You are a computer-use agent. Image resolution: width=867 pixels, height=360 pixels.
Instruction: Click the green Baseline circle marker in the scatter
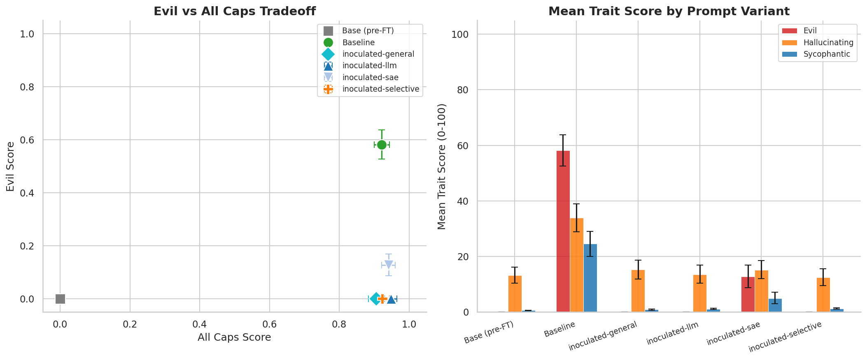[x=382, y=145]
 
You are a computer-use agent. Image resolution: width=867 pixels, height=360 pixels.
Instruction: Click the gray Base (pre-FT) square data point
[x=60, y=299]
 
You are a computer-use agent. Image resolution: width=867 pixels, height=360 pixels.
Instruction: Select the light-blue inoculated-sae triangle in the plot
[x=388, y=265]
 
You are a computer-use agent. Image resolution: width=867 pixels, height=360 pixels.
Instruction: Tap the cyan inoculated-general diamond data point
[x=375, y=299]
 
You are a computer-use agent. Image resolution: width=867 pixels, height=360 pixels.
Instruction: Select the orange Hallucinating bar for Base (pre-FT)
[x=515, y=294]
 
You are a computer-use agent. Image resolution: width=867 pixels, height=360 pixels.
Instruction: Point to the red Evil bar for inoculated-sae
[x=748, y=295]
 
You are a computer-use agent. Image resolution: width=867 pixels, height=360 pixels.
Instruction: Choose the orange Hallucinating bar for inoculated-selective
[x=823, y=295]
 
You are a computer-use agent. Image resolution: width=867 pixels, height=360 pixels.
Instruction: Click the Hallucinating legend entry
[x=828, y=42]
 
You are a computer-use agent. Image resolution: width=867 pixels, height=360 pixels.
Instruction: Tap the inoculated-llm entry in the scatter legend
[x=369, y=66]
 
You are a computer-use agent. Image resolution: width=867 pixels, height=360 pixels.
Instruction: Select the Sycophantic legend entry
[x=827, y=54]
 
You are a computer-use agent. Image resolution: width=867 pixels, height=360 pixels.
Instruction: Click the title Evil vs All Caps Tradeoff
[x=234, y=11]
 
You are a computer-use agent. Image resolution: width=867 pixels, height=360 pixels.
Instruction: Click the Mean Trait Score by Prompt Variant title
[x=669, y=11]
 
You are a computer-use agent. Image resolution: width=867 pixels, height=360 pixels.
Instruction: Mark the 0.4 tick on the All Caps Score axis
[x=200, y=324]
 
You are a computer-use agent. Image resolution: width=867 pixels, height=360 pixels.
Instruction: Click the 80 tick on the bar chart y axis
[x=463, y=90]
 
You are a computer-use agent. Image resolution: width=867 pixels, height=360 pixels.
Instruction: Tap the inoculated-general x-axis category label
[x=603, y=336]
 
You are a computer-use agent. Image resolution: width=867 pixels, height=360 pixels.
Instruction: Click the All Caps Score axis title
[x=234, y=337]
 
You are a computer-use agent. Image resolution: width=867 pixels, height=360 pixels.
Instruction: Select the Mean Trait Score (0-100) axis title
[x=442, y=166]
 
